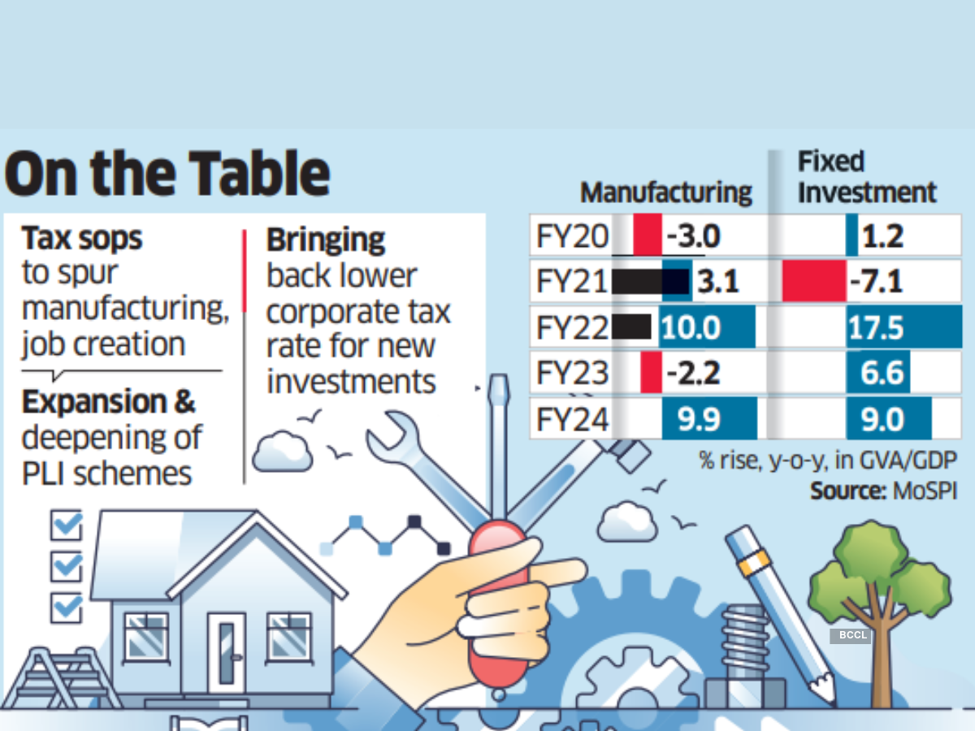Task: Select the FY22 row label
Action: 572,328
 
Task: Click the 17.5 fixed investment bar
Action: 902,328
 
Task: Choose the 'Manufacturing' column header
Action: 666,192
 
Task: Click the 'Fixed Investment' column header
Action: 866,178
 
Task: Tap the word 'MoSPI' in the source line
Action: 923,491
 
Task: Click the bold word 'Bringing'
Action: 326,240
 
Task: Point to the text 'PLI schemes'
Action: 106,473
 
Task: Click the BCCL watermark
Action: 850,635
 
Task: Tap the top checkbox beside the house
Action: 67,526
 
